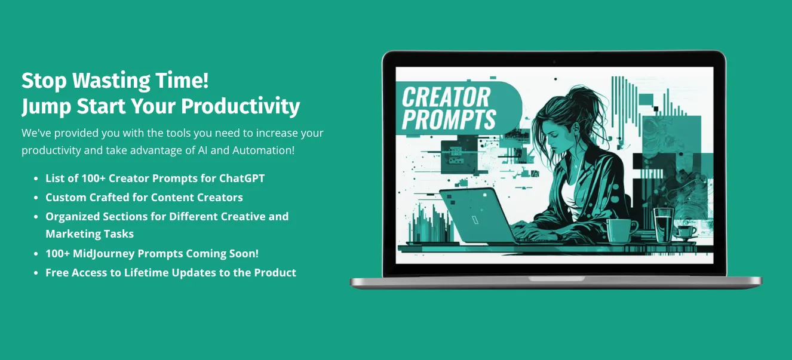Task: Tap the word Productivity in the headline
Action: click(240, 106)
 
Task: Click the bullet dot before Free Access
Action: click(37, 273)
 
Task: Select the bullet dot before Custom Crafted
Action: click(37, 198)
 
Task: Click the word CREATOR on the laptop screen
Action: click(446, 97)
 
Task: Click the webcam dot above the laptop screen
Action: click(554, 61)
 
